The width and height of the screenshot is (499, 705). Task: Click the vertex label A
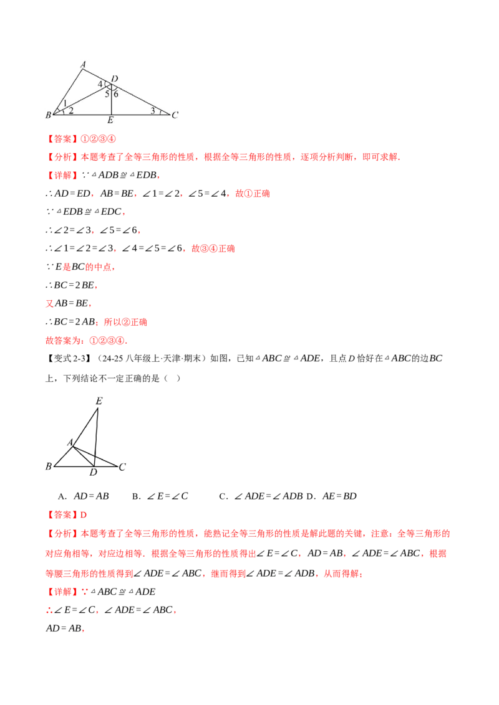coord(82,64)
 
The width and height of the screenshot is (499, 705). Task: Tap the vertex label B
coord(48,115)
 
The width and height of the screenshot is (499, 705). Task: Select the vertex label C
coord(175,115)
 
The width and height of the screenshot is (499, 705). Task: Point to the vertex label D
coord(115,78)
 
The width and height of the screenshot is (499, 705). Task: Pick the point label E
coord(110,120)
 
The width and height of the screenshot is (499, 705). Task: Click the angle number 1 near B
coord(65,103)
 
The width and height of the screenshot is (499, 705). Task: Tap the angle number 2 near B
coord(70,110)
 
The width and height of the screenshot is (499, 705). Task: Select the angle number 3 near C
coord(153,110)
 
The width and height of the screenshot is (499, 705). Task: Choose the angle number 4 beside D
coord(100,84)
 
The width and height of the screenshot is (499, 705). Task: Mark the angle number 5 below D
coord(107,94)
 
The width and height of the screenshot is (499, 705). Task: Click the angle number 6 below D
coord(116,94)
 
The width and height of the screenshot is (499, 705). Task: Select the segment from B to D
coord(81,100)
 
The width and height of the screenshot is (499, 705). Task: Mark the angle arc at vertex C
coord(161,112)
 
